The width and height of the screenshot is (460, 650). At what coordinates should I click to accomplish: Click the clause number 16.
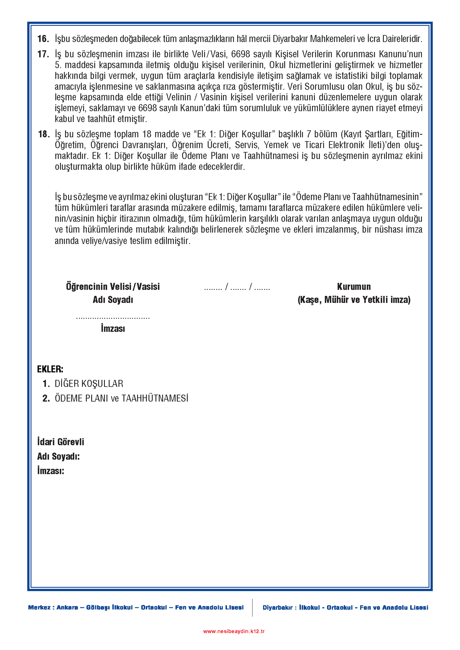[43, 39]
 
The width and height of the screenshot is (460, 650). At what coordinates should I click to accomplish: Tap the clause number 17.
[43, 54]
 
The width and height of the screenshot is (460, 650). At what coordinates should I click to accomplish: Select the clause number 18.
[43, 134]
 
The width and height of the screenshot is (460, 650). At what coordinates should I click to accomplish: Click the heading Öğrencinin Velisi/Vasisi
[113, 287]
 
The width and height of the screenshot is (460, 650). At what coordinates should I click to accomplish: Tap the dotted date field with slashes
[237, 287]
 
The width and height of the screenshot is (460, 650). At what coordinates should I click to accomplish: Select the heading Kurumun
[354, 287]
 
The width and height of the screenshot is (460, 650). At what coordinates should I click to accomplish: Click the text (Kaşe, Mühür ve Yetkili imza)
[354, 300]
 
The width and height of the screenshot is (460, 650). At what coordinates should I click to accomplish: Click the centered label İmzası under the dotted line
[113, 328]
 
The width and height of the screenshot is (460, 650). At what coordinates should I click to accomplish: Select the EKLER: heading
[50, 369]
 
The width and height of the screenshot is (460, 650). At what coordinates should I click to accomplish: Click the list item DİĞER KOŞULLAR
[89, 384]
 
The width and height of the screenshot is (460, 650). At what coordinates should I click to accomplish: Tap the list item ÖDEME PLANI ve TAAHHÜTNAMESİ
[121, 398]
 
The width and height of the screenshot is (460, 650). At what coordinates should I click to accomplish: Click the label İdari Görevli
[61, 442]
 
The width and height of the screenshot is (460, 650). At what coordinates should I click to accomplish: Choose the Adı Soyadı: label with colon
[58, 456]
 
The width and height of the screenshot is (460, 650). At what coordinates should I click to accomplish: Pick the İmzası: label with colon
[51, 471]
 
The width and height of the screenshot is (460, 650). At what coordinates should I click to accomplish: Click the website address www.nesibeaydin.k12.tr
[234, 631]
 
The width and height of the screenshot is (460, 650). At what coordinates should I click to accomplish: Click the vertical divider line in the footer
[252, 607]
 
